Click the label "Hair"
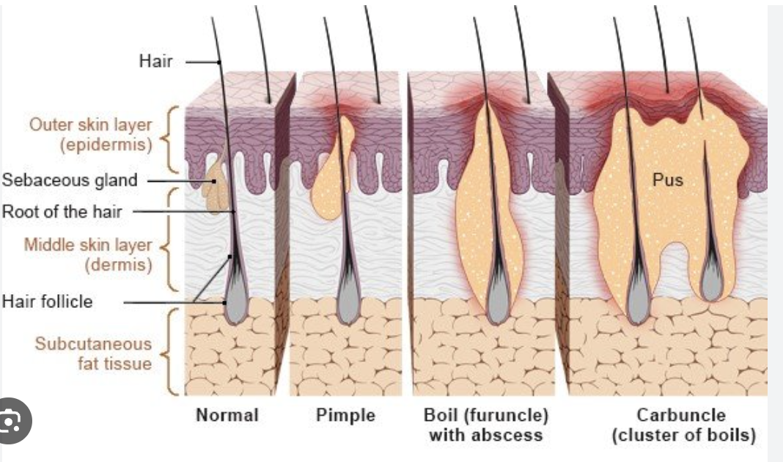point(155,61)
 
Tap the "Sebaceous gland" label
point(70,180)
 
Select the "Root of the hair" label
point(62,212)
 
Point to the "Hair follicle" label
point(48,301)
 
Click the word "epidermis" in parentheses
point(106,144)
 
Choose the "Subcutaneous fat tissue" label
point(93,353)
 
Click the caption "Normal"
point(227,415)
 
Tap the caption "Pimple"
point(345,415)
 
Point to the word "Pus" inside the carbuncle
point(668,179)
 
